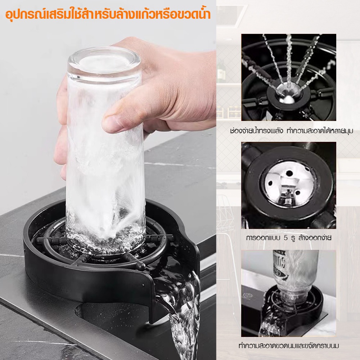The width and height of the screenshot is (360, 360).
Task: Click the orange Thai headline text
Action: click(x=108, y=15)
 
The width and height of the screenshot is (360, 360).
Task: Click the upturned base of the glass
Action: click(x=104, y=62)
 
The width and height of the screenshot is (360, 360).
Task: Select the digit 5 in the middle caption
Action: click(x=285, y=238)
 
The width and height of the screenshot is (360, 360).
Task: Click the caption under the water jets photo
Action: click(x=292, y=131)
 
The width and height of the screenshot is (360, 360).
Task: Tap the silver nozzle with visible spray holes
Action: click(x=289, y=184)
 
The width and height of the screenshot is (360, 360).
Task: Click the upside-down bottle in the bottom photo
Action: click(x=295, y=278)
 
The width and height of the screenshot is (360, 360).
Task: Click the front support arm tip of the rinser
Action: click(x=140, y=265)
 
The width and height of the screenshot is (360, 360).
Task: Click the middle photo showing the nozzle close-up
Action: click(x=289, y=185)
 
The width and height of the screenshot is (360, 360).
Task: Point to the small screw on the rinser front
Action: click(x=144, y=285)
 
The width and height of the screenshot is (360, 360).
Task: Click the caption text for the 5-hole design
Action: click(x=289, y=238)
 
